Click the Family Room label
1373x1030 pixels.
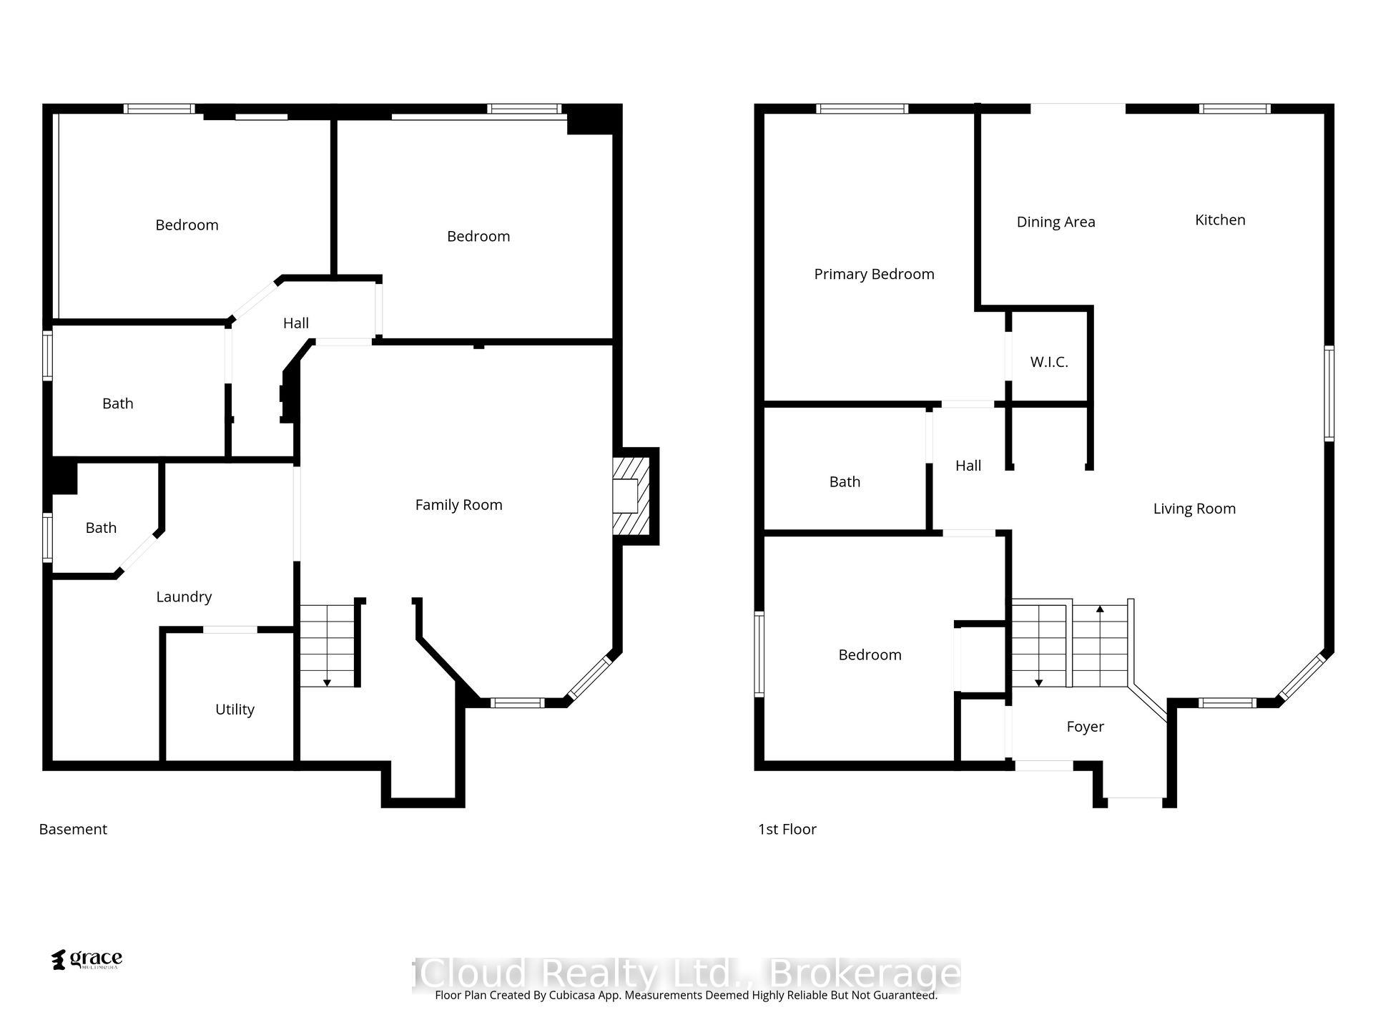click(458, 505)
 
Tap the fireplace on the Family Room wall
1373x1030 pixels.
click(631, 496)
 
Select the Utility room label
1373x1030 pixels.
click(235, 710)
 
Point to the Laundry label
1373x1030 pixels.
click(184, 597)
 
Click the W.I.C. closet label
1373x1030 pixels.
click(1049, 362)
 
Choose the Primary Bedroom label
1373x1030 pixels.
click(874, 274)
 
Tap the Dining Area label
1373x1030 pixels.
click(1055, 222)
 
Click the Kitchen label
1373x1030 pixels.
click(1220, 220)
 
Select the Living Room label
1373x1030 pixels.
click(1194, 509)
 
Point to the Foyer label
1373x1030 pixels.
click(1085, 727)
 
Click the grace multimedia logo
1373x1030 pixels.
click(87, 959)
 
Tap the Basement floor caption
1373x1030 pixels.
click(73, 829)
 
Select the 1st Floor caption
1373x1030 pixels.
click(787, 829)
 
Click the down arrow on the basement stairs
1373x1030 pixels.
click(327, 682)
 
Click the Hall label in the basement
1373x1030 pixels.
click(295, 323)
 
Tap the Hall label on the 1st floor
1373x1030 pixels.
click(968, 466)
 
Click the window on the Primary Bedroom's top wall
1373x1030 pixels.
click(862, 109)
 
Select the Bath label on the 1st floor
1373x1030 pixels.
click(845, 482)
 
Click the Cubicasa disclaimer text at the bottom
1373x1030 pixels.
click(686, 995)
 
